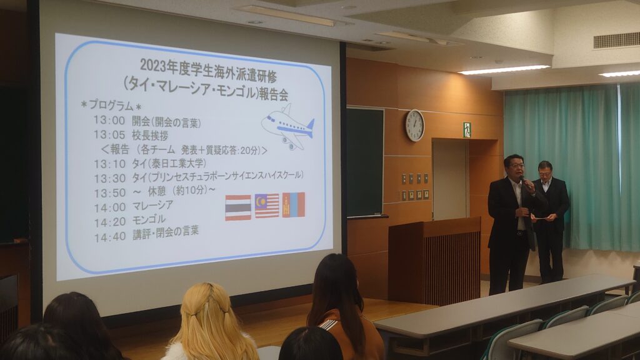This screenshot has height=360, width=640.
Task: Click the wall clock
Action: [415, 126]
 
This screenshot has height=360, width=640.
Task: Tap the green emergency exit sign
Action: [467, 130]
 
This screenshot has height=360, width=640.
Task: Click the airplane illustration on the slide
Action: [288, 126]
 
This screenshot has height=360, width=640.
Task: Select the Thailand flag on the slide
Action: [238, 207]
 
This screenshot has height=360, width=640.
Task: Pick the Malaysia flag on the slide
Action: [267, 206]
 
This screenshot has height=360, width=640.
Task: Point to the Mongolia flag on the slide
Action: [294, 204]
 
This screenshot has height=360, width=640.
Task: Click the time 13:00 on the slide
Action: [109, 121]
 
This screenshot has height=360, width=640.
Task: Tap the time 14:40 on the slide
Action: [110, 237]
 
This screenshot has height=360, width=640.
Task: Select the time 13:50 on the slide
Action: [110, 192]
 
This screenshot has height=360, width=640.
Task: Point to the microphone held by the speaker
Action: [526, 182]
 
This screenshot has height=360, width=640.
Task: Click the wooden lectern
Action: [434, 261]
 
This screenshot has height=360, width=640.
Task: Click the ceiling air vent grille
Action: [616, 41]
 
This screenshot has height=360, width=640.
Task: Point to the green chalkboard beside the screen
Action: [364, 162]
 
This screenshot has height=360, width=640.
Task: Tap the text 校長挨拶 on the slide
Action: [150, 135]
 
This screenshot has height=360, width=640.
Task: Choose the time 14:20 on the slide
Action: [110, 222]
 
